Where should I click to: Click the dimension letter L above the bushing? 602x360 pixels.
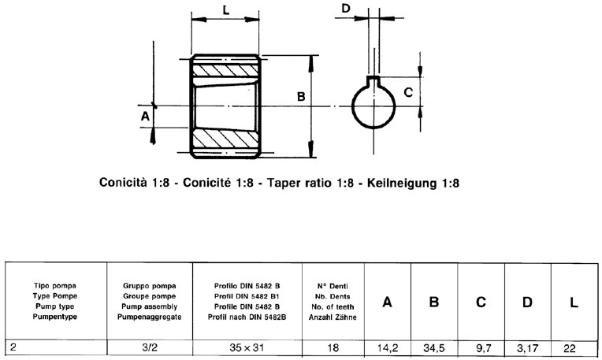(x=226, y=12)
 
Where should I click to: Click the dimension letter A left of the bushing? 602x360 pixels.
(x=144, y=116)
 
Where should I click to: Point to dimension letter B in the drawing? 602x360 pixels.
(x=300, y=96)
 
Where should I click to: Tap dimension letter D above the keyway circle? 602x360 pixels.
(x=346, y=9)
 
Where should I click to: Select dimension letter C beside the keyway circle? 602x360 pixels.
(x=407, y=91)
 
